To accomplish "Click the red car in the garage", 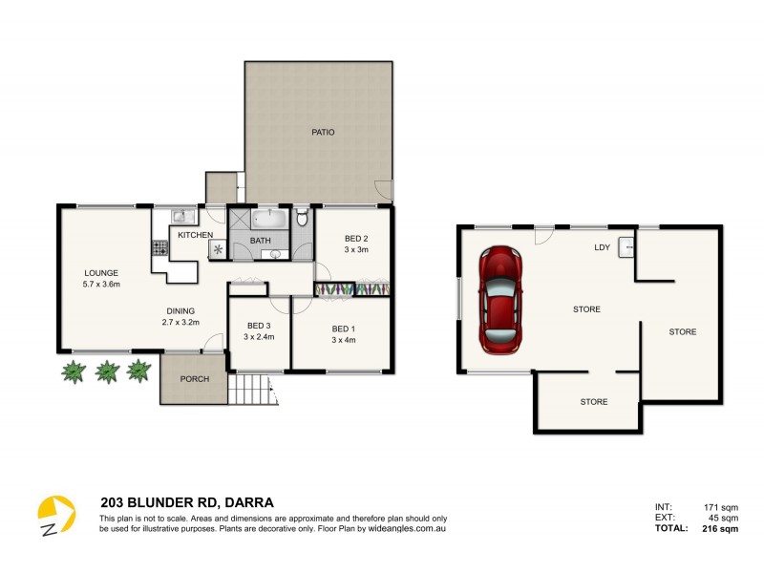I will point(499,298).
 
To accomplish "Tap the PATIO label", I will point(323,132).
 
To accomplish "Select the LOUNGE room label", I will point(100,273).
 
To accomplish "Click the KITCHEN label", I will point(195,235).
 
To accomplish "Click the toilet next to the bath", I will point(302,219).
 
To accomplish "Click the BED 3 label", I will point(259,325).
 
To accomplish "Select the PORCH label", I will point(194,378).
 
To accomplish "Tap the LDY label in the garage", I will point(602,247).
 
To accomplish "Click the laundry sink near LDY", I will point(626,246).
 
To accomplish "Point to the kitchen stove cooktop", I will point(159,248).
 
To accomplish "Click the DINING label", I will point(180,310).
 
